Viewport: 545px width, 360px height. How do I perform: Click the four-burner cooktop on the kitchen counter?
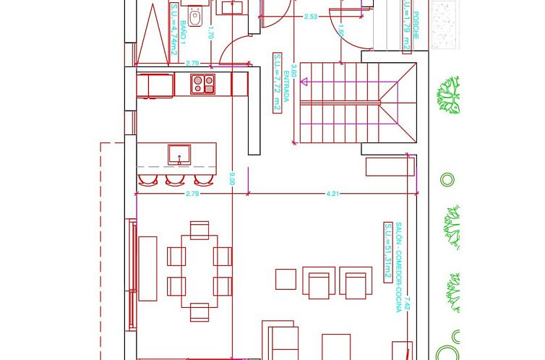pyautogui.click(x=203, y=85)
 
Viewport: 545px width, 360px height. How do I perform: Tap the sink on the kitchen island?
pyautogui.click(x=179, y=154)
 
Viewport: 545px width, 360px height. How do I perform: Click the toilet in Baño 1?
pyautogui.click(x=194, y=15)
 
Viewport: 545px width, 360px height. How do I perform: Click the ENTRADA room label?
pyautogui.click(x=287, y=87)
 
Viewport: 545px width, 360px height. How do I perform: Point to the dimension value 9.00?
pyautogui.click(x=232, y=178)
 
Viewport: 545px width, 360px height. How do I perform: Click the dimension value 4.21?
pyautogui.click(x=332, y=194)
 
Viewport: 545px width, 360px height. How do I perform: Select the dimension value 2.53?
pyautogui.click(x=311, y=16)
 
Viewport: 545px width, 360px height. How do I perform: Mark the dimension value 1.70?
pyautogui.click(x=211, y=32)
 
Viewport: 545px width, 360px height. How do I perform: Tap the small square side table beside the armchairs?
pyautogui.click(x=286, y=279)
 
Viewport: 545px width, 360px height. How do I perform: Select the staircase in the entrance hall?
pyautogui.click(x=340, y=102)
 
